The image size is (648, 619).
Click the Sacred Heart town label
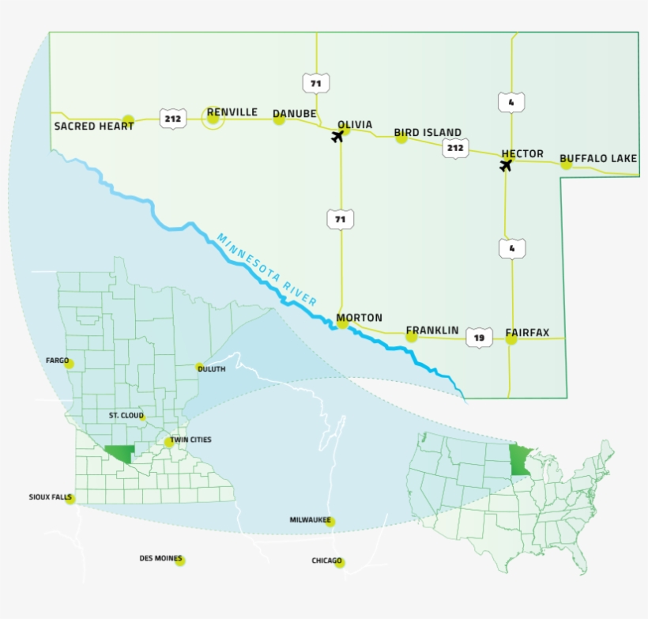click(88, 126)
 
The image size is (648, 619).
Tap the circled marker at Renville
click(213, 118)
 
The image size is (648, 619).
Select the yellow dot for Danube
click(279, 120)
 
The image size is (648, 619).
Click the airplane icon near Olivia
click(338, 136)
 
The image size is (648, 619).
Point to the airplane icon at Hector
click(506, 165)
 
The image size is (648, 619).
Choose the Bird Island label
click(428, 133)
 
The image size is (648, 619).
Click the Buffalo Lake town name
click(598, 159)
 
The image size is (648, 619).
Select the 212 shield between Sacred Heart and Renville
click(172, 119)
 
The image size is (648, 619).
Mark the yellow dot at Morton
click(342, 323)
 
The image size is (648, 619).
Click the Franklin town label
click(432, 330)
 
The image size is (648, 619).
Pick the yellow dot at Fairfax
click(511, 339)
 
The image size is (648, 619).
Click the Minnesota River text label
click(267, 270)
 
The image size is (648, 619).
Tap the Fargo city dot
click(69, 364)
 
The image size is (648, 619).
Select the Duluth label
click(211, 369)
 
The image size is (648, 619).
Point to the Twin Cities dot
click(169, 443)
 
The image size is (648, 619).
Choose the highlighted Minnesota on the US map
click(519, 460)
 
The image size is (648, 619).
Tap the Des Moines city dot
click(180, 560)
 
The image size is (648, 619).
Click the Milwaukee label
click(309, 520)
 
